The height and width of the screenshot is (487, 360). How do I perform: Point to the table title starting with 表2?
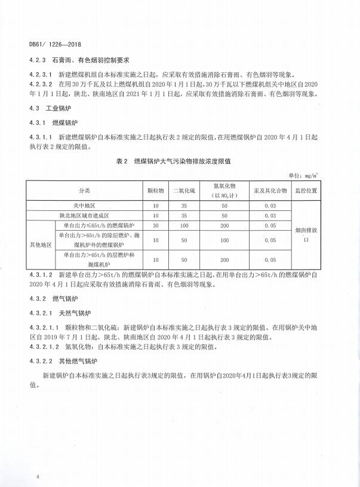177,161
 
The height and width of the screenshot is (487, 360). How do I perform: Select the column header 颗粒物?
155,191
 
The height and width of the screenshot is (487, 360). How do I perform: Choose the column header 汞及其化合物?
273,191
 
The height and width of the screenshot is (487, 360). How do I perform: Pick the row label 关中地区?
84,206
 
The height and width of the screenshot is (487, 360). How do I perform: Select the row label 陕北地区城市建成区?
84,215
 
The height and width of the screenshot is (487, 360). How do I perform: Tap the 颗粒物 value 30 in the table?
155,225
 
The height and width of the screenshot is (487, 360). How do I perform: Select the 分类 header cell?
84,191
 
